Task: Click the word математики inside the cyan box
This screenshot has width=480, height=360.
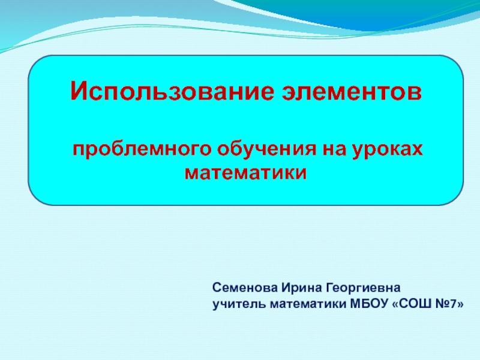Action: click(x=246, y=173)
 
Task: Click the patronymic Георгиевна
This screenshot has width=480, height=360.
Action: click(x=354, y=290)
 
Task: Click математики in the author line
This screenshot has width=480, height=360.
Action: click(x=304, y=304)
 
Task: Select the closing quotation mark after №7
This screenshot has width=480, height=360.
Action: click(x=460, y=305)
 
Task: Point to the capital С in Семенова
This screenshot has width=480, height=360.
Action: click(x=217, y=290)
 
